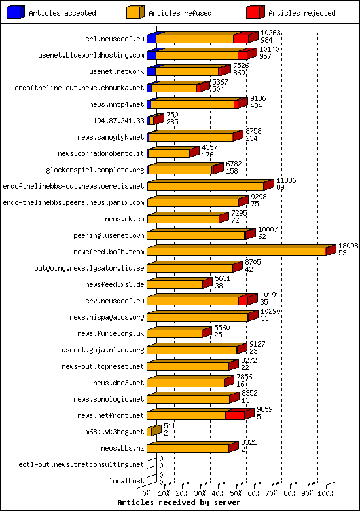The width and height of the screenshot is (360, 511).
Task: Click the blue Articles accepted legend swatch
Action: tap(16, 12)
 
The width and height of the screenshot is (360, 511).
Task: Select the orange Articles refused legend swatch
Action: tap(135, 12)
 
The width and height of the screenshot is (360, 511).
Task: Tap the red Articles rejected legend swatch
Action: tap(255, 12)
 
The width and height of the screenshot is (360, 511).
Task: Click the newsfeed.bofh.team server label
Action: tap(109, 251)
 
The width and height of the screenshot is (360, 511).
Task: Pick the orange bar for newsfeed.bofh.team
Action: tap(236, 252)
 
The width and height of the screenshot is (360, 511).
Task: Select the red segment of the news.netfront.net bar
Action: tap(235, 415)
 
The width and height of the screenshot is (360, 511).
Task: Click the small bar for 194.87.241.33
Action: tap(153, 121)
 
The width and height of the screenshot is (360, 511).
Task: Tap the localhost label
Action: tap(127, 481)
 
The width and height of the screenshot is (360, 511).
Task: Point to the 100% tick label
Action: tap(325, 493)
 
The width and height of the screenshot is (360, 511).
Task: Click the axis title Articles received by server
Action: tap(179, 502)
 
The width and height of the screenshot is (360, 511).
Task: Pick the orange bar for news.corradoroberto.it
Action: tap(169, 153)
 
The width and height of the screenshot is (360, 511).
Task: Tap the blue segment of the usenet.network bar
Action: tap(151, 71)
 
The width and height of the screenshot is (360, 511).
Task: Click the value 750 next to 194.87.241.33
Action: tap(171, 115)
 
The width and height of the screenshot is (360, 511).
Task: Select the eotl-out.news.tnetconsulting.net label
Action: tap(81, 464)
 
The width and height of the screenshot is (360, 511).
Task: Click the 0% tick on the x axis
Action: tap(147, 493)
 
